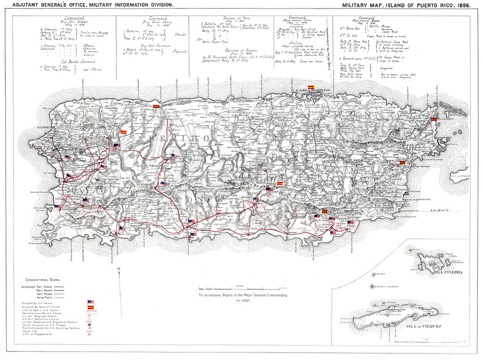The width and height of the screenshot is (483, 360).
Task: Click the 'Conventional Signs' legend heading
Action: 43,280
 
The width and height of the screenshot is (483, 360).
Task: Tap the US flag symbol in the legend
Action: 90,303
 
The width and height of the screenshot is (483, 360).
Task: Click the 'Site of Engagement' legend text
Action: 38,334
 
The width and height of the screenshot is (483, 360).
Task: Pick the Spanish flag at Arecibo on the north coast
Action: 156,106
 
